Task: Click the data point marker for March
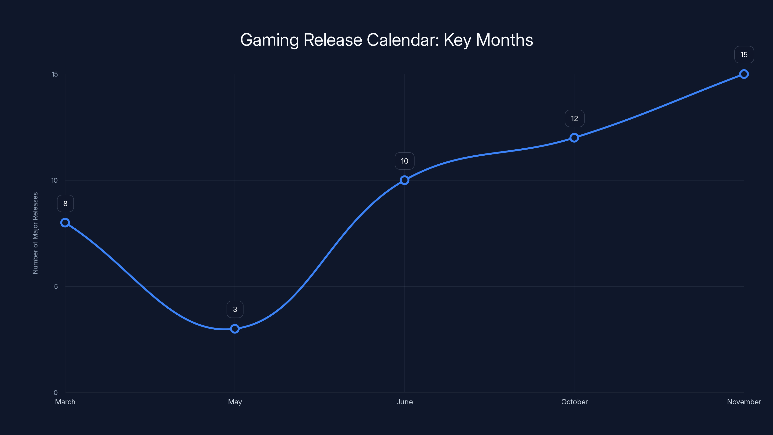point(65,222)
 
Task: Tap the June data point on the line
point(405,180)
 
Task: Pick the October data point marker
point(574,138)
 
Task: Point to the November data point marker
point(744,74)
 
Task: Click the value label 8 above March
point(65,203)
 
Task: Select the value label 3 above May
point(235,310)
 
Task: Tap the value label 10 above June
point(405,161)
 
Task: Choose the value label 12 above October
point(574,119)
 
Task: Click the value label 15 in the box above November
point(744,55)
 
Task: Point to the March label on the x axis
point(65,402)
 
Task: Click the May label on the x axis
point(235,402)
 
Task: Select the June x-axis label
point(405,402)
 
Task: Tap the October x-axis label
point(574,402)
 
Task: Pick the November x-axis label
point(744,402)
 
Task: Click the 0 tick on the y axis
point(56,392)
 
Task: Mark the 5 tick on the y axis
point(56,286)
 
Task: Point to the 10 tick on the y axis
point(54,180)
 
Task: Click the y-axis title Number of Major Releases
point(36,233)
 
